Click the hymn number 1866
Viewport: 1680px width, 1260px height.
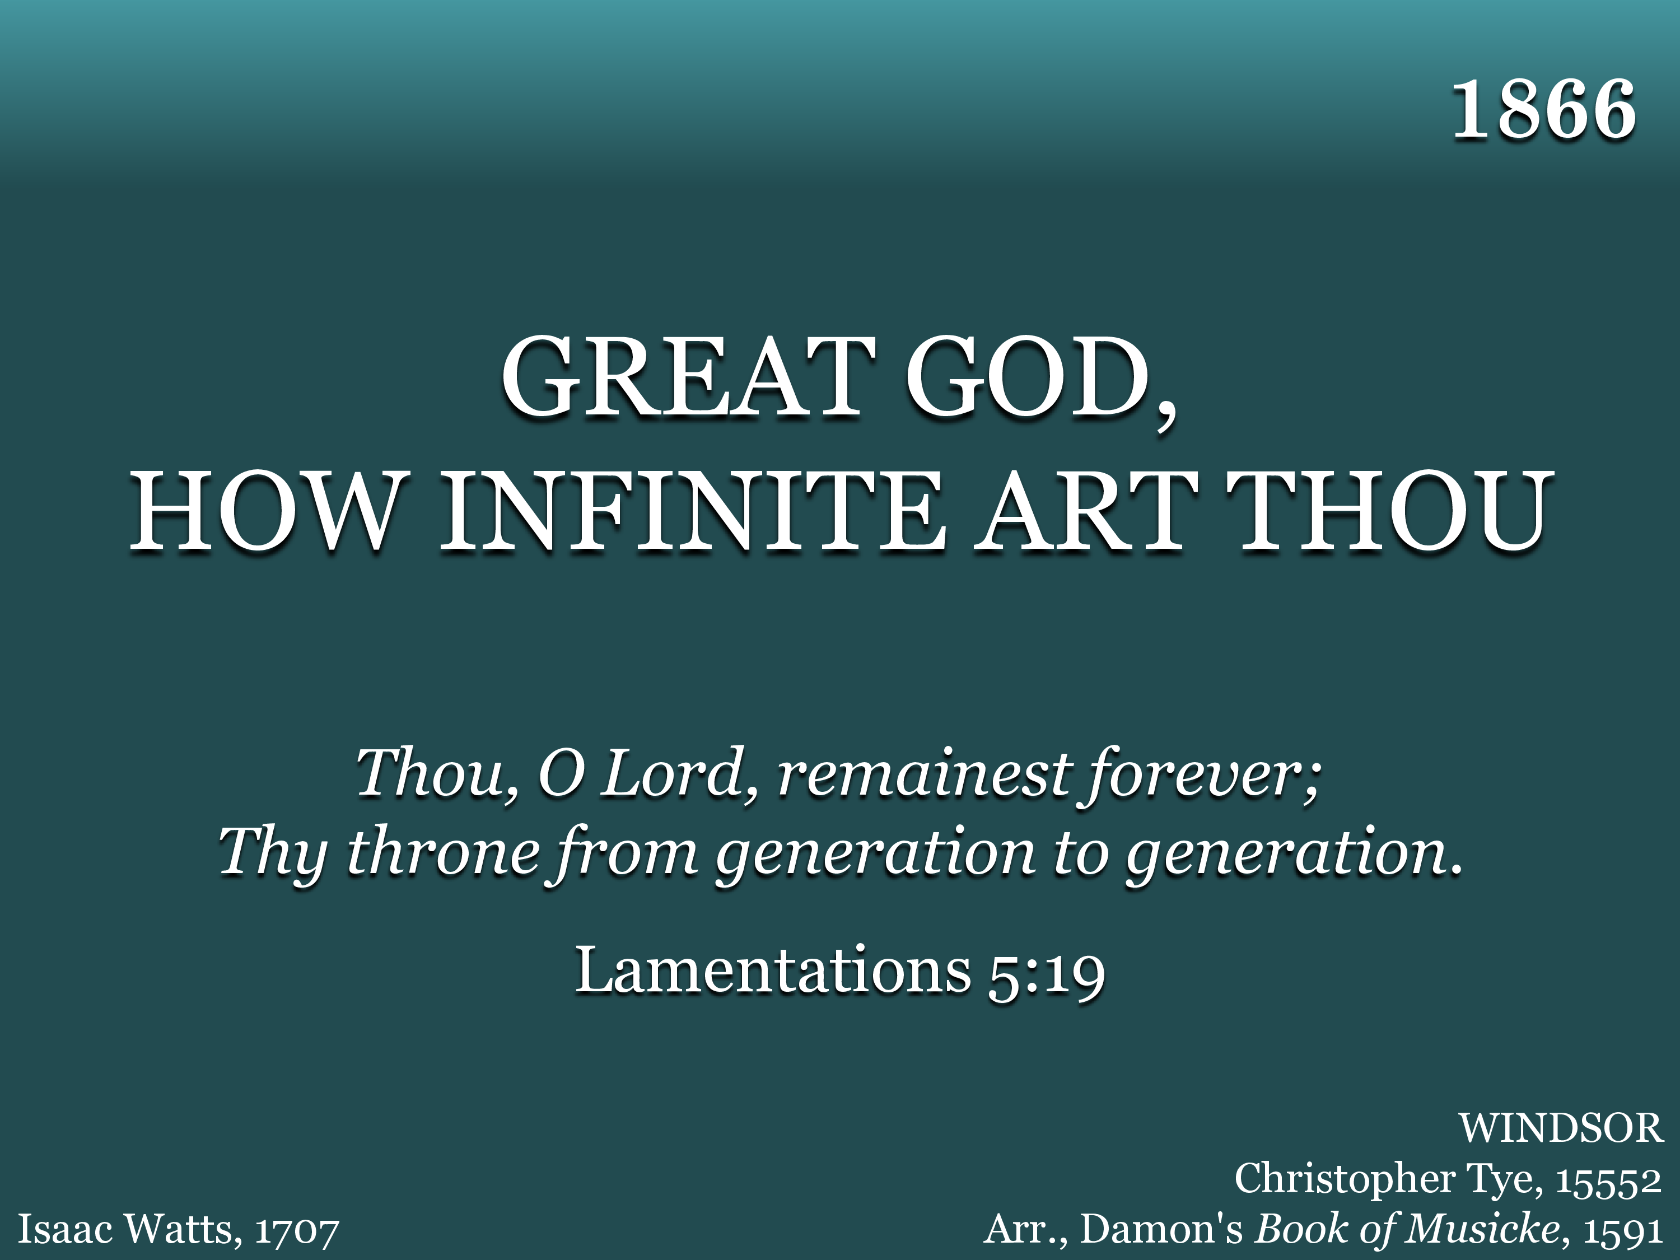point(1543,111)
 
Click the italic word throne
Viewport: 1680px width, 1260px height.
point(443,852)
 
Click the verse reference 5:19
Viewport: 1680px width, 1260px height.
point(1046,973)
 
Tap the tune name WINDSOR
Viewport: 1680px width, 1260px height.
point(1561,1128)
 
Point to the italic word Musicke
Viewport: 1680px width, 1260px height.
point(1486,1229)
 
